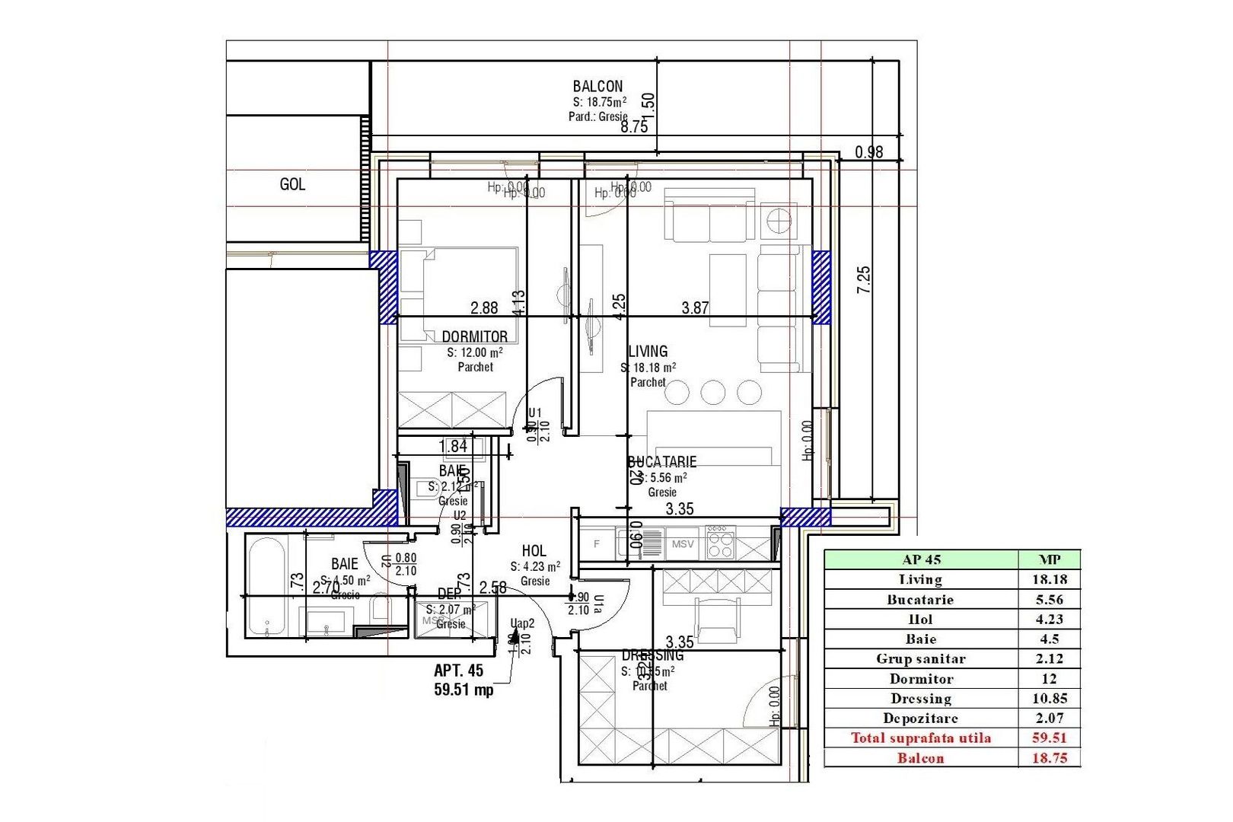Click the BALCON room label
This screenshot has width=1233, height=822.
pos(597,87)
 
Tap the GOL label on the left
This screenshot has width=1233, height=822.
pos(292,184)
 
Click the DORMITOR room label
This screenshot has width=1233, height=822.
pos(474,336)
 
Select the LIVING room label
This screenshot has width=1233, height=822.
pos(648,352)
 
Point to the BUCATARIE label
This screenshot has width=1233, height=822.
pos(661,462)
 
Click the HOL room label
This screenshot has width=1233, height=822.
pos(534,551)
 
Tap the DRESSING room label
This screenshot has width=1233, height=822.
pos(652,655)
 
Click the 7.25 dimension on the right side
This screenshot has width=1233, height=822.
pos(863,280)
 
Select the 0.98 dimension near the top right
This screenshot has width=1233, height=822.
pos(868,152)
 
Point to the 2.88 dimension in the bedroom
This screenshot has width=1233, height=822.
pos(484,308)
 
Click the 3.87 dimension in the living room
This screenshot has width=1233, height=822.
pos(695,308)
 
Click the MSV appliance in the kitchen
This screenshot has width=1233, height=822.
pos(683,544)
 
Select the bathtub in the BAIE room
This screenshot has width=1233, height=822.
pos(266,586)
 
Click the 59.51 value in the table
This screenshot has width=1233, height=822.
pos(1049,738)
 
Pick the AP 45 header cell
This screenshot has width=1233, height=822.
pos(921,559)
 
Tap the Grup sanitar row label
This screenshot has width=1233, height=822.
pos(921,659)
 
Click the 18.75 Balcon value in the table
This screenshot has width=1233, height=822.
pos(1049,758)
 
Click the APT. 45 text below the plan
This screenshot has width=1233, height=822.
pos(458,671)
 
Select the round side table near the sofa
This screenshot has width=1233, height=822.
pos(779,221)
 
